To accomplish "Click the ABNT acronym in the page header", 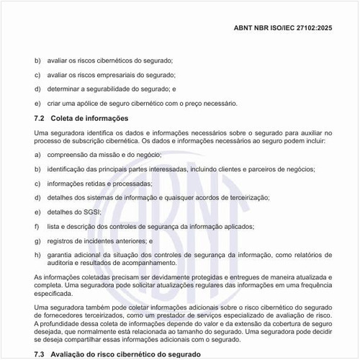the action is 247,30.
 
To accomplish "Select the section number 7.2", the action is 40,117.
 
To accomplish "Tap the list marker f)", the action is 37,226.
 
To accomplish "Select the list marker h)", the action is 37,255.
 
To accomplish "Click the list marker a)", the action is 37,155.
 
